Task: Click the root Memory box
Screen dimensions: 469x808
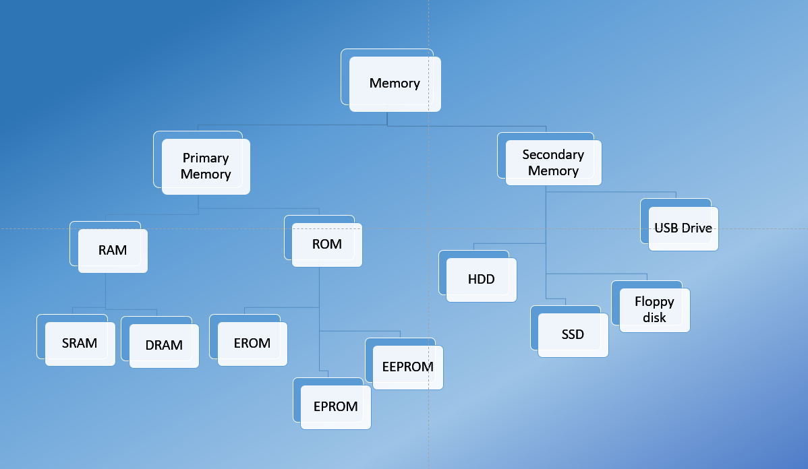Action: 395,84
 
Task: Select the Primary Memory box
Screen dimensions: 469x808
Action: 206,166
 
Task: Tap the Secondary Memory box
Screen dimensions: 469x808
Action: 553,163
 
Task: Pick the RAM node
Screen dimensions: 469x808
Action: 113,250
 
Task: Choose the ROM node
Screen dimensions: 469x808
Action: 327,244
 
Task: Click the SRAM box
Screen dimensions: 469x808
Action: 80,343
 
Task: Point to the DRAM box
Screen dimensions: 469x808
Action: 164,345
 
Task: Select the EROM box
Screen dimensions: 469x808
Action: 252,343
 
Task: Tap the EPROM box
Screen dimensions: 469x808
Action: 335,406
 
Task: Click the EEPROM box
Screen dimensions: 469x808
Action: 407,367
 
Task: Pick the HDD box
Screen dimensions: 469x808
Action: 481,279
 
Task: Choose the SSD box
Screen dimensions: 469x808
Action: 573,334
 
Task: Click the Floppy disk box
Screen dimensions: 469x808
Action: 654,310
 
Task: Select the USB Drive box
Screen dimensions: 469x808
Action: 683,228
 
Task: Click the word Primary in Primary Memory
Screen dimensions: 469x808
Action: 206,158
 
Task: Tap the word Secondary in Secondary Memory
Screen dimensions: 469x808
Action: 553,154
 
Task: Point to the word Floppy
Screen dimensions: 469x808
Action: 654,302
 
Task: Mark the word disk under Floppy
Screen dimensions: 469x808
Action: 654,317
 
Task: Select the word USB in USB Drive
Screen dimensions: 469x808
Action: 666,228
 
